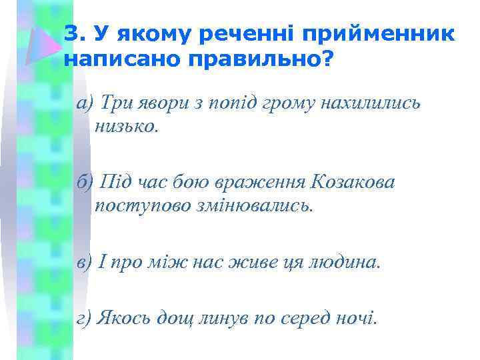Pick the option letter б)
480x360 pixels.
point(85,181)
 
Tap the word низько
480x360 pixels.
point(127,126)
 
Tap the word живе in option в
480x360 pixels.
point(252,261)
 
